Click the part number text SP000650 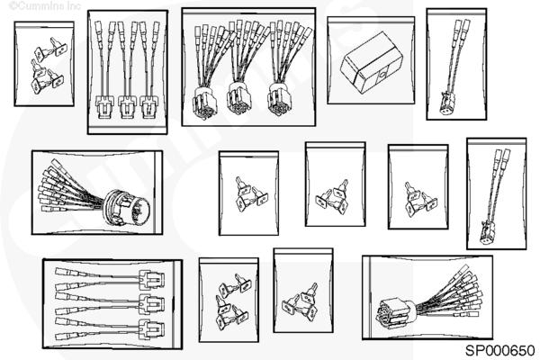pyautogui.click(x=500, y=351)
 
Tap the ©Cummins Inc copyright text pyautogui.click(x=45, y=6)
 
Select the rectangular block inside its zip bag pyautogui.click(x=371, y=63)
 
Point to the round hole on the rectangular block pyautogui.click(x=382, y=74)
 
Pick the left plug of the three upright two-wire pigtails pyautogui.click(x=104, y=106)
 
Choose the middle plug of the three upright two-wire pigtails pyautogui.click(x=127, y=106)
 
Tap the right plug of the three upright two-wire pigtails pyautogui.click(x=148, y=106)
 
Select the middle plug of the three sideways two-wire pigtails pyautogui.click(x=151, y=303)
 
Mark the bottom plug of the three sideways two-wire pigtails pyautogui.click(x=151, y=328)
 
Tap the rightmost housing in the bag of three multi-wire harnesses pyautogui.click(x=280, y=98)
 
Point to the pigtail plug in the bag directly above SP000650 pyautogui.click(x=487, y=232)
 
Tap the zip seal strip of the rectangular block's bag pyautogui.click(x=371, y=22)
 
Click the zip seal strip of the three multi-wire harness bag pyautogui.click(x=248, y=12)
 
